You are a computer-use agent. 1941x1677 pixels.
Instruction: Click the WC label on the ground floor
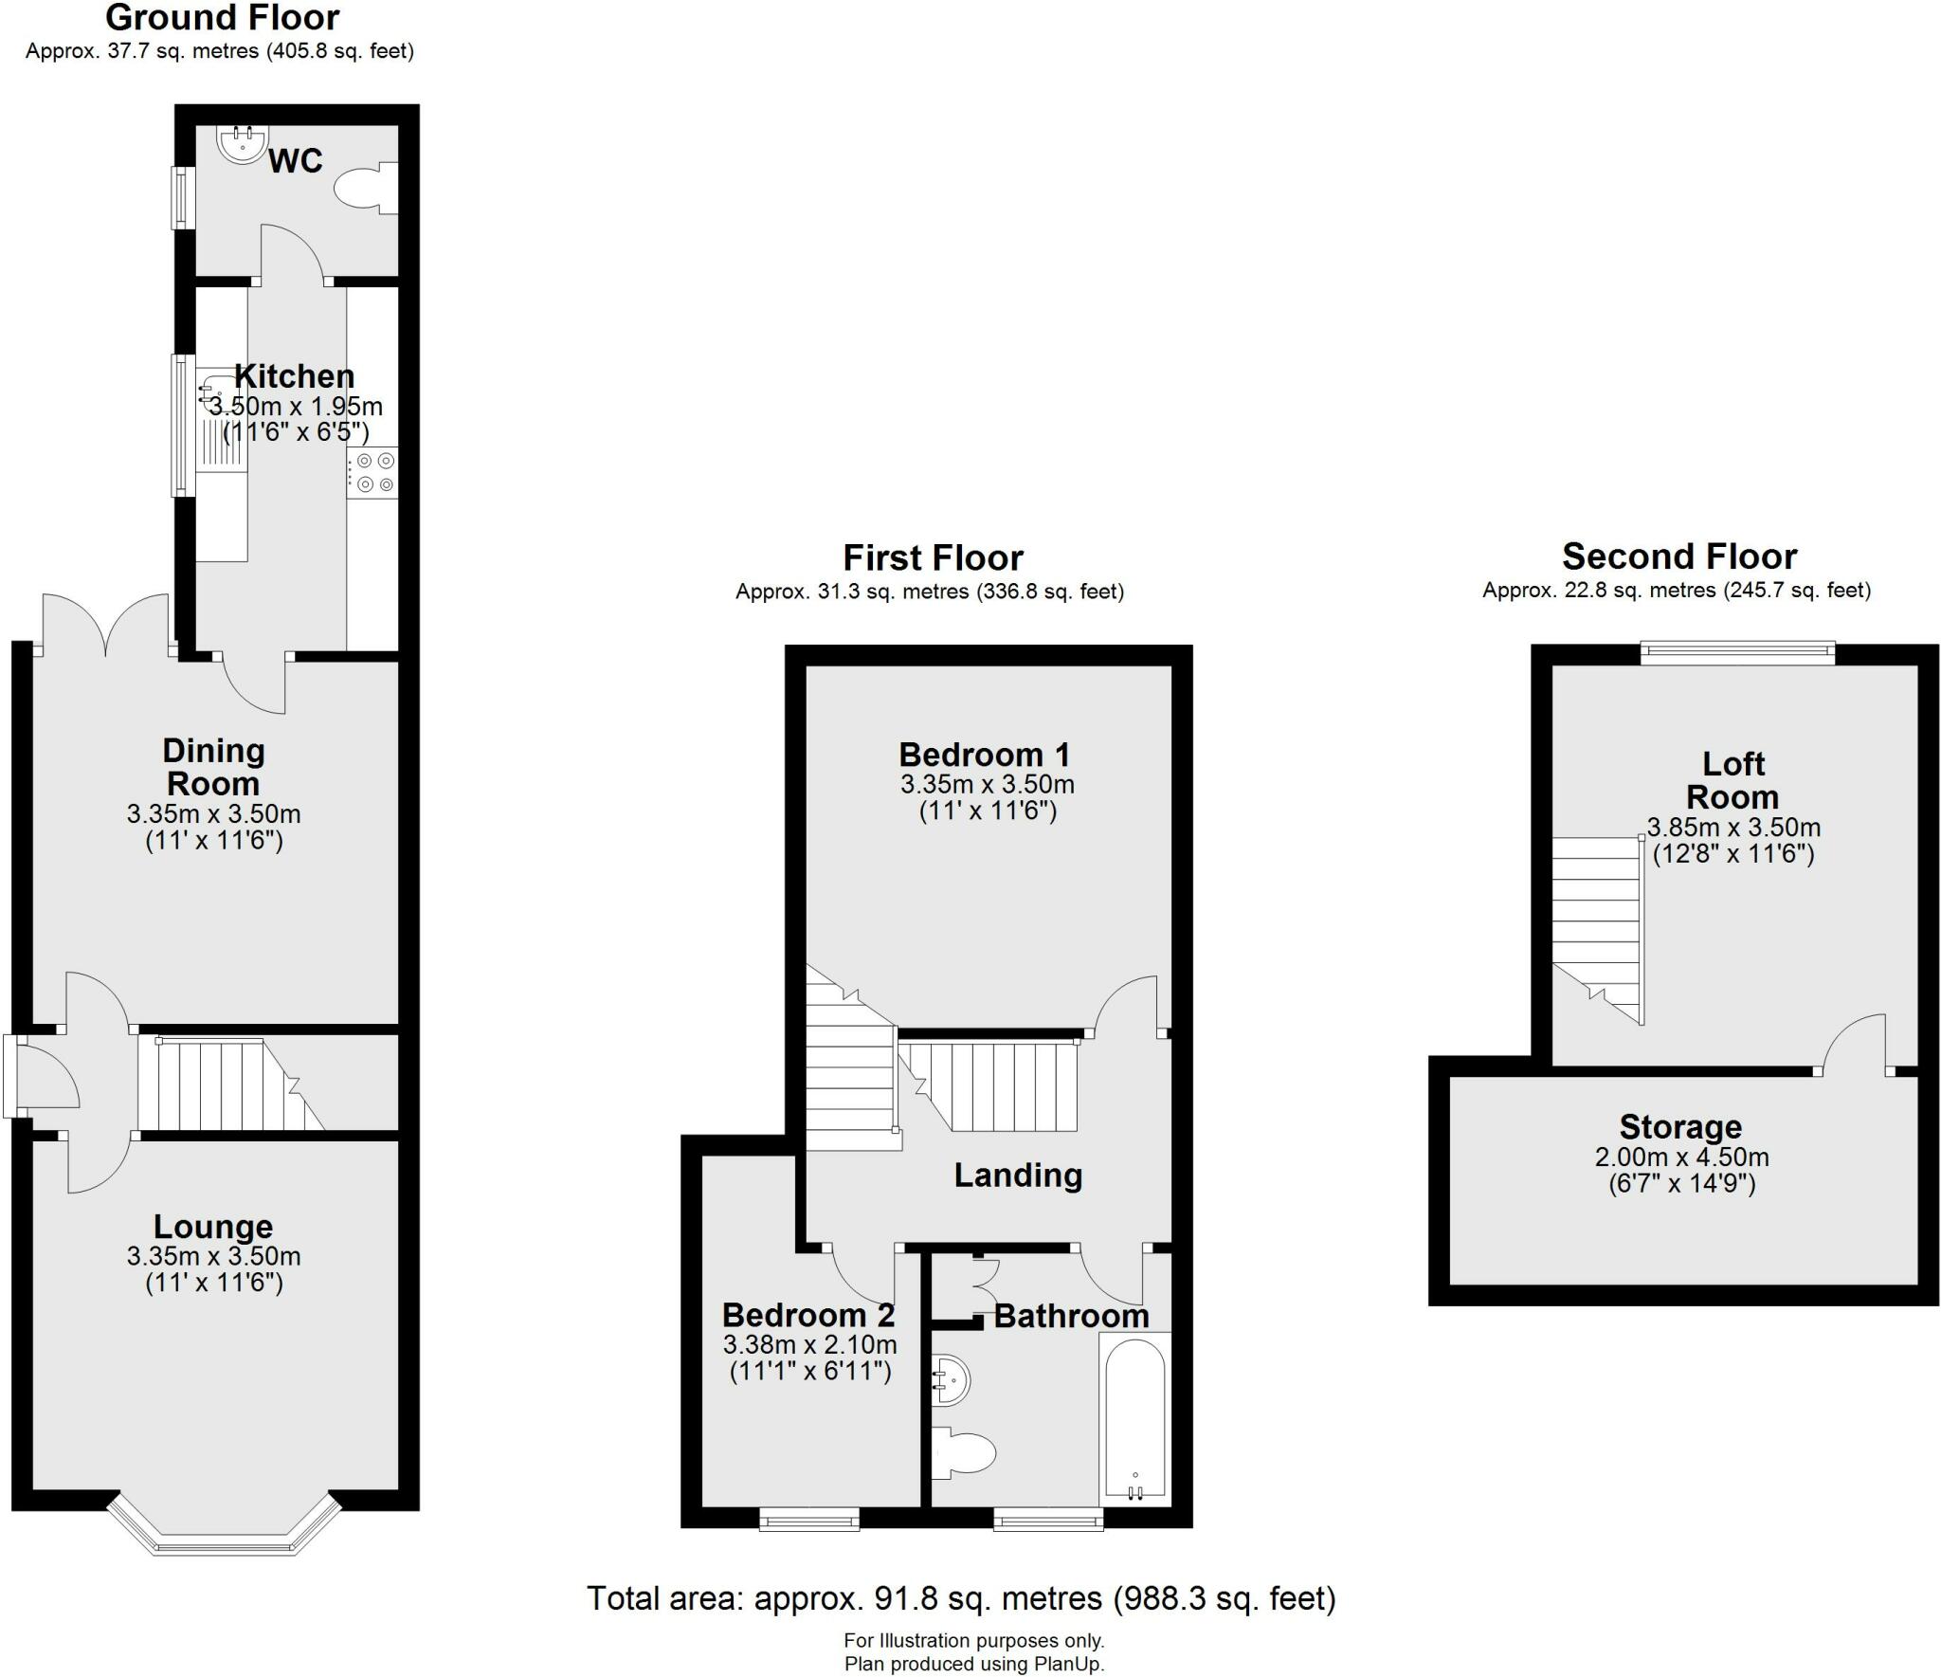point(295,161)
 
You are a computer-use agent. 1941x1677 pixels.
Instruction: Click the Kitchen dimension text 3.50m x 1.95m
point(296,407)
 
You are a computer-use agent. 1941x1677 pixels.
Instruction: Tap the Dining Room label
point(213,767)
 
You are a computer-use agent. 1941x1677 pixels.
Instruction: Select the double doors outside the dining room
point(105,626)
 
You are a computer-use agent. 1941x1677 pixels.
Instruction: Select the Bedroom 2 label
point(807,1315)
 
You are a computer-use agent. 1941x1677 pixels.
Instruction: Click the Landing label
point(1018,1176)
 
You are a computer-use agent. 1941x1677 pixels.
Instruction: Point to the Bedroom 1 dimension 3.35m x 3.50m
point(987,784)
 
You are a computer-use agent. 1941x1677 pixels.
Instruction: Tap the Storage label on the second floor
point(1680,1127)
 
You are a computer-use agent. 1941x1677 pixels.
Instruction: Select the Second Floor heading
point(1679,556)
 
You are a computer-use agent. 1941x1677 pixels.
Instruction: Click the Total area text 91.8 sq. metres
point(961,1598)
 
